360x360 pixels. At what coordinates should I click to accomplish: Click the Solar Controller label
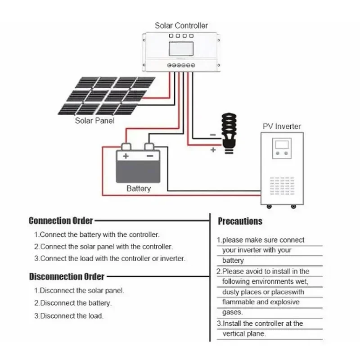(x=181, y=26)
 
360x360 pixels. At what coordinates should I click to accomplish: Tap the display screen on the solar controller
(x=181, y=49)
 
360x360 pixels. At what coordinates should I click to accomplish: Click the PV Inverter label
(x=282, y=126)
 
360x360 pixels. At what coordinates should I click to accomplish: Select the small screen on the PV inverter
(x=282, y=145)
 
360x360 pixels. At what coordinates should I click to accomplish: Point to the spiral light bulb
(x=229, y=133)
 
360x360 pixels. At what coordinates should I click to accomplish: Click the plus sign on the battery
(x=126, y=156)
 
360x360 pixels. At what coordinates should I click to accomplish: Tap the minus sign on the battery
(x=150, y=156)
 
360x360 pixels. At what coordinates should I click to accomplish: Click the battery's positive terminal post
(x=126, y=147)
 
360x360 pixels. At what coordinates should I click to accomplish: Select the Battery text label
(x=139, y=189)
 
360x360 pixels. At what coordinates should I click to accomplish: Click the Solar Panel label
(x=94, y=121)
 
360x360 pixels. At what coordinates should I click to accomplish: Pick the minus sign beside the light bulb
(x=213, y=135)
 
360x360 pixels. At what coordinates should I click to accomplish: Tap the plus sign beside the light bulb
(x=213, y=150)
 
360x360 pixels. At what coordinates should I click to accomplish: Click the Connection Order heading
(x=61, y=220)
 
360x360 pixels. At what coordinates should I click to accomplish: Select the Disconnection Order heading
(x=67, y=276)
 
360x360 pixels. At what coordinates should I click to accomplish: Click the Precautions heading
(x=240, y=221)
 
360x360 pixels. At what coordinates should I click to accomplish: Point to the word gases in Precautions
(x=232, y=312)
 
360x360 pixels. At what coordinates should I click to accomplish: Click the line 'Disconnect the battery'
(x=73, y=303)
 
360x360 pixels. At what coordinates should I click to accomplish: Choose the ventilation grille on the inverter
(x=282, y=186)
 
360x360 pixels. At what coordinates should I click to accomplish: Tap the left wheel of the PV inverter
(x=269, y=207)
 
